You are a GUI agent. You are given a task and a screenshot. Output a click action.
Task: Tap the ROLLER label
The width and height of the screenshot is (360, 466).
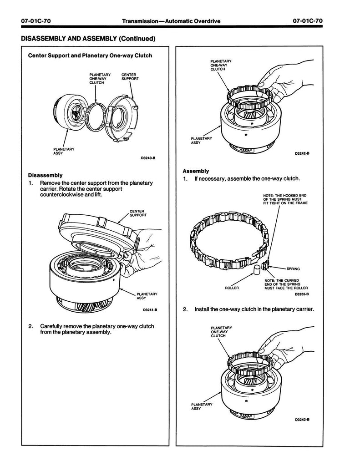point(232,288)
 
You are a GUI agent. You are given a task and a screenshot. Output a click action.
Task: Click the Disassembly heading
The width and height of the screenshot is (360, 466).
point(45,175)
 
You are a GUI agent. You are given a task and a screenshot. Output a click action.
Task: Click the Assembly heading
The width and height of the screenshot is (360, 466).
point(196,171)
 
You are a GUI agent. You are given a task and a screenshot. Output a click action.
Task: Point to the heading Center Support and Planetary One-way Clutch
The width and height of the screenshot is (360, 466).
point(90,56)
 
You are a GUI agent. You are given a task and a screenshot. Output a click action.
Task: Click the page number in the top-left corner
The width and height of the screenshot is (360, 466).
point(36,21)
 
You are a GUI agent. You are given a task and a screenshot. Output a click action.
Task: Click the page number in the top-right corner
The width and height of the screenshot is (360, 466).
point(308,21)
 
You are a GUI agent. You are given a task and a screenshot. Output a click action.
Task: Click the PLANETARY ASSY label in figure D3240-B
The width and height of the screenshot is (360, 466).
point(63,151)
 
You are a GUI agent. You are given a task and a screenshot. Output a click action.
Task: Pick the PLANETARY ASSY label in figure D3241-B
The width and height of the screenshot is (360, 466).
point(147,296)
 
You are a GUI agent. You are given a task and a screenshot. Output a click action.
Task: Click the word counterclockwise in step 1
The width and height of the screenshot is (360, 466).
point(63,195)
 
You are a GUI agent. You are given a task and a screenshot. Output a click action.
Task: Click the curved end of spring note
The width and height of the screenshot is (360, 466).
point(286,284)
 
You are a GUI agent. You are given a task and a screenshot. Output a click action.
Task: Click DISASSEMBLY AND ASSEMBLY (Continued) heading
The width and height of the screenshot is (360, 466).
point(88,38)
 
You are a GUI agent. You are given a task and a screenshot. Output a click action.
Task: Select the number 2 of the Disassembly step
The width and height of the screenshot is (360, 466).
point(30,326)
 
